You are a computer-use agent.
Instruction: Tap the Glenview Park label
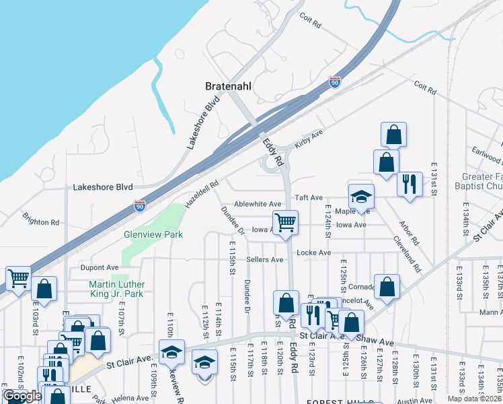153,235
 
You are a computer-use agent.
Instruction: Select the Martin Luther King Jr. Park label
125,289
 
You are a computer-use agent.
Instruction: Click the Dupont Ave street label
100,267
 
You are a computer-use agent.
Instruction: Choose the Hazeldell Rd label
203,193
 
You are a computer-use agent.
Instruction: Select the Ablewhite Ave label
258,204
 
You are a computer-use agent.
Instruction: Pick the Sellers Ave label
265,259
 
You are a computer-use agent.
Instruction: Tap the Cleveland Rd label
408,257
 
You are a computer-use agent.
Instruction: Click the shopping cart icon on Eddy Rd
286,222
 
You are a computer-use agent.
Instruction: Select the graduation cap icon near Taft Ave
361,196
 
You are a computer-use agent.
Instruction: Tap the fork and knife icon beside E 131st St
410,184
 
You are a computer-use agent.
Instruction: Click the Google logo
22,396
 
